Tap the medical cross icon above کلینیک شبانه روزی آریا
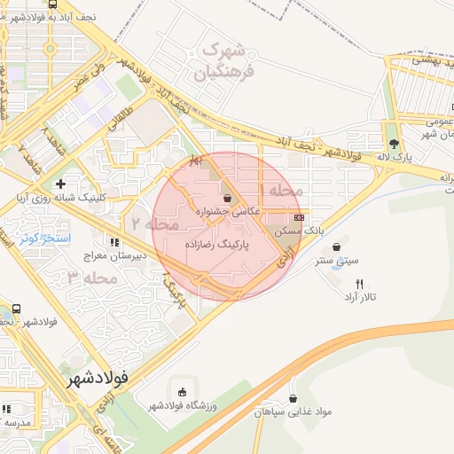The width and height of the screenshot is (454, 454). (60, 184)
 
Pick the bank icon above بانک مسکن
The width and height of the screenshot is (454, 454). (299, 216)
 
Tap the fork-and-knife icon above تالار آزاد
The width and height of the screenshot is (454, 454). (359, 284)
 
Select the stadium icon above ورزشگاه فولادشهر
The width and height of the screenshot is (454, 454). (183, 392)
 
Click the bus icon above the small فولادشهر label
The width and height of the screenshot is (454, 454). (18, 309)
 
